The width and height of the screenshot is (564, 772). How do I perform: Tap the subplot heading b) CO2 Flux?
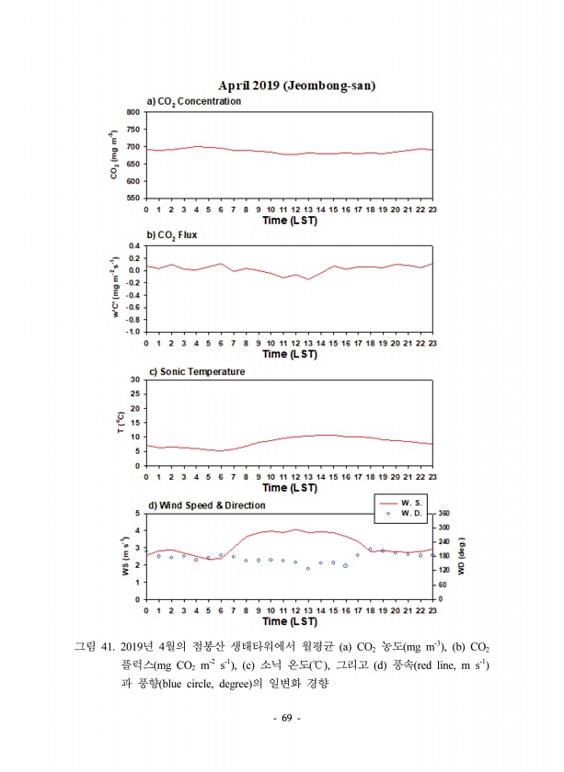click(x=172, y=234)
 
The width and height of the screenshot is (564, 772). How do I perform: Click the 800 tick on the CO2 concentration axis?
click(x=132, y=112)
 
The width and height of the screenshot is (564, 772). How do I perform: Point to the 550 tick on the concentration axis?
click(x=132, y=199)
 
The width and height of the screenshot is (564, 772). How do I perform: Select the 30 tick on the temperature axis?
click(x=135, y=379)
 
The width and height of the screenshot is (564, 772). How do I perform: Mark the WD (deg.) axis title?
click(x=462, y=556)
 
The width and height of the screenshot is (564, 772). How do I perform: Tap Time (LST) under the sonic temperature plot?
click(x=289, y=488)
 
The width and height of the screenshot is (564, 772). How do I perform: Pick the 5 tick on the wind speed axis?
click(x=138, y=513)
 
